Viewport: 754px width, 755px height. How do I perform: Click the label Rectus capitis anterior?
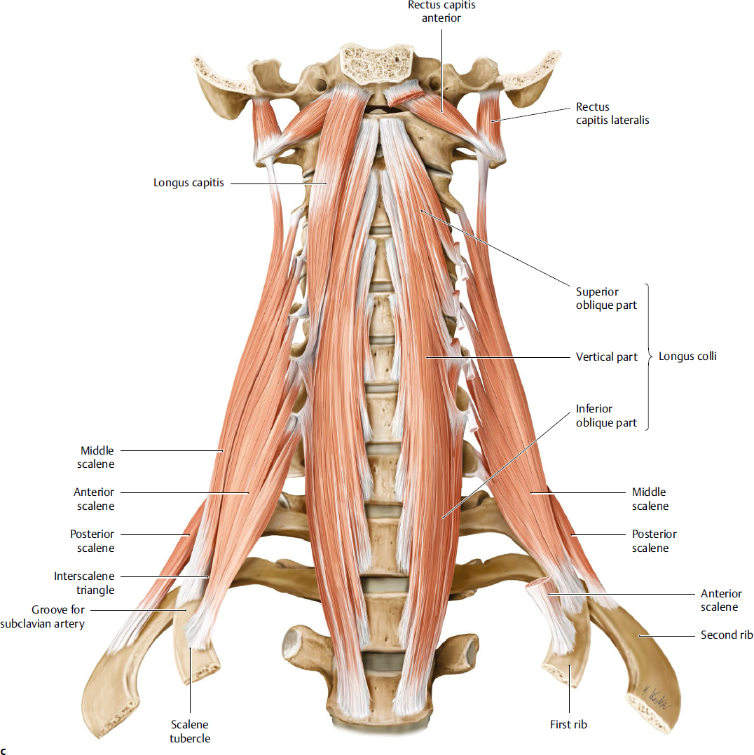[441, 11]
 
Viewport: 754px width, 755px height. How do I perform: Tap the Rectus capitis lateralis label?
[612, 113]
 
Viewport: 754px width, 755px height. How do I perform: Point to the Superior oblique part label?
[606, 298]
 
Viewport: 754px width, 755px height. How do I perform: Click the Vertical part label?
[606, 357]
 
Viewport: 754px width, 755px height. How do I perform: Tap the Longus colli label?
[687, 356]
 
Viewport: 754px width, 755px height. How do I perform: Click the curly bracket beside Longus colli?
[648, 356]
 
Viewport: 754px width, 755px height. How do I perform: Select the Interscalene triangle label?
[84, 583]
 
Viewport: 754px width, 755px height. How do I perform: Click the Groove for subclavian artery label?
[58, 616]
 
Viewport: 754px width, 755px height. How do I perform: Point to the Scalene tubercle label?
[189, 731]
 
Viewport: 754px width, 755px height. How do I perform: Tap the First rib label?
[568, 725]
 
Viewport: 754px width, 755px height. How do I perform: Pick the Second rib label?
[727, 635]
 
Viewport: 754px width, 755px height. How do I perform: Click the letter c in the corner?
[4, 751]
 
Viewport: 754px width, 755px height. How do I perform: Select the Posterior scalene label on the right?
[654, 541]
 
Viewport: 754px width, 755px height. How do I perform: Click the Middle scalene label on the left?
[97, 457]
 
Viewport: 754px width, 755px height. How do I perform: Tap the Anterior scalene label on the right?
[720, 600]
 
